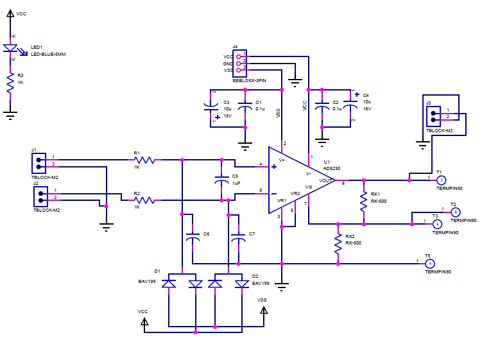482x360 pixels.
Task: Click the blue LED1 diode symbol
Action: coord(11,49)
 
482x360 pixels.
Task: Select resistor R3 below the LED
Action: coord(11,82)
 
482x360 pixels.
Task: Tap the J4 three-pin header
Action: coord(240,64)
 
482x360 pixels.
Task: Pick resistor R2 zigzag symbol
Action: coord(144,200)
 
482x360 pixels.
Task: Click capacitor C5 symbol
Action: coord(221,180)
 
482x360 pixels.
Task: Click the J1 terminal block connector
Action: coord(40,163)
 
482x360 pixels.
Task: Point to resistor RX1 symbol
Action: coord(364,200)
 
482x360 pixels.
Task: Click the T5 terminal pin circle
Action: coord(431,263)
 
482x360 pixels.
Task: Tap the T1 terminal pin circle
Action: coord(441,180)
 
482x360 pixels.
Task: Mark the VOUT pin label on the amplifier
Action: coord(326,180)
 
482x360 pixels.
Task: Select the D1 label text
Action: coord(157,271)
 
